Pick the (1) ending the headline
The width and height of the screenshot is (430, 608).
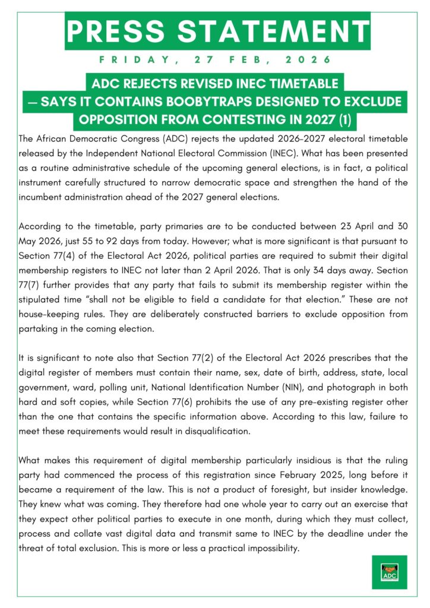[x=343, y=120]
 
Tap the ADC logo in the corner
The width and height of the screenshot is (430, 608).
[x=389, y=572]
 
